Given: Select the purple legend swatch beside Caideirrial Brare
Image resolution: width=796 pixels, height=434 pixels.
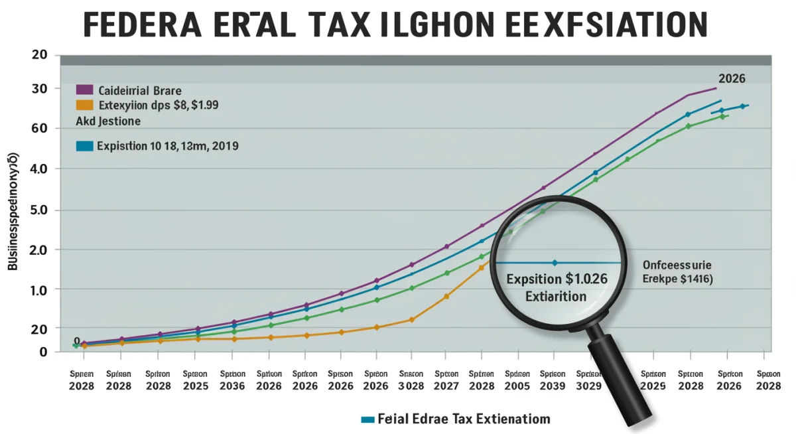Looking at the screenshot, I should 84,90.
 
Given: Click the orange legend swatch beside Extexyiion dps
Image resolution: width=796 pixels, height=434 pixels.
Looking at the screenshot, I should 84,105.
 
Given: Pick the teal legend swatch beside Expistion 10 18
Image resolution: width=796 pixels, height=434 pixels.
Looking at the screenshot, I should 84,146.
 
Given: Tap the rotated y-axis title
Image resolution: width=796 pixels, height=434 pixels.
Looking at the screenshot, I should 13,211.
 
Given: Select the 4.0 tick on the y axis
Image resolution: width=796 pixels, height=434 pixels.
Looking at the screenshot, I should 39,169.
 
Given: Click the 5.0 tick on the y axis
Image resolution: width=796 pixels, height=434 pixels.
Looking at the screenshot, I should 39,210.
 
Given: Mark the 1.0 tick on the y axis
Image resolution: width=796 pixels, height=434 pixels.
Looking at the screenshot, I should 39,290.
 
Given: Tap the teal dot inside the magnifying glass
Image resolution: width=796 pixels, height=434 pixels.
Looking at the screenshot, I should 555,263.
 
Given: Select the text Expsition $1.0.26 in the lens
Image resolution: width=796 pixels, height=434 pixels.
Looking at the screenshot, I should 556,279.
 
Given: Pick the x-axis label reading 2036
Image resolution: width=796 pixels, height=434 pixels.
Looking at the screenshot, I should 232,386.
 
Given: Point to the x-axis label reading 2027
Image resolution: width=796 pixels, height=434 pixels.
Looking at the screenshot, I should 446,386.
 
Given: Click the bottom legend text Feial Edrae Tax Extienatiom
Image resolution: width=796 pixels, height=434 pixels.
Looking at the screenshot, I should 464,419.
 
